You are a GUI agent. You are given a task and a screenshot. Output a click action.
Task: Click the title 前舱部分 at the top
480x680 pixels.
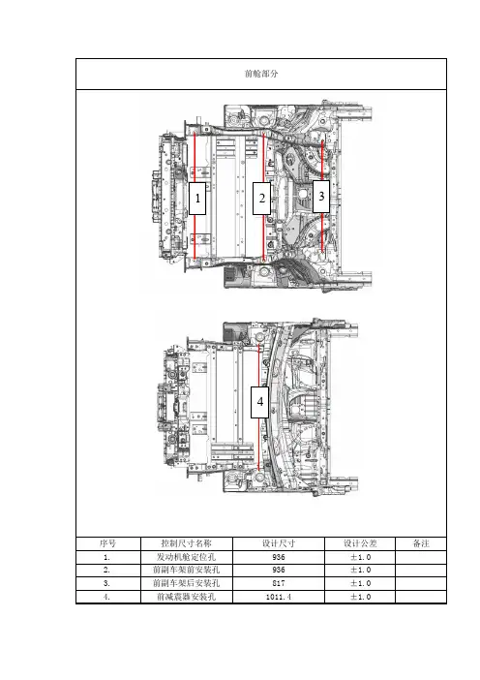[x=261, y=74]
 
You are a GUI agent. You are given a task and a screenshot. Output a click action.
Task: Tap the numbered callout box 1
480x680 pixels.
[x=197, y=199]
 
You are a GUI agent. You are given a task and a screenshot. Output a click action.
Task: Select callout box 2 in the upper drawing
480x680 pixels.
[x=261, y=199]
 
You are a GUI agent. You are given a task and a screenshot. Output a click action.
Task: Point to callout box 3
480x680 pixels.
[x=321, y=197]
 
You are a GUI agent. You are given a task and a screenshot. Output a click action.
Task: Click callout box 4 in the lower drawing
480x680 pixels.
[x=260, y=402]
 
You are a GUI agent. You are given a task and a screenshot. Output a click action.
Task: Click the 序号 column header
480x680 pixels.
[x=107, y=543]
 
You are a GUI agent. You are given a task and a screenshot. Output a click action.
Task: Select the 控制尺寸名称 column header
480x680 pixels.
[x=186, y=543]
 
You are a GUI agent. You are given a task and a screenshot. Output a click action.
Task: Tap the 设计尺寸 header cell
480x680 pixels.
[x=279, y=543]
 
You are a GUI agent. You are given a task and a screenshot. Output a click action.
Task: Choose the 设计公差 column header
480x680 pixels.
[x=360, y=543]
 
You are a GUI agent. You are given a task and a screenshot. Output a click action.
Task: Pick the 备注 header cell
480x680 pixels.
[x=421, y=543]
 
